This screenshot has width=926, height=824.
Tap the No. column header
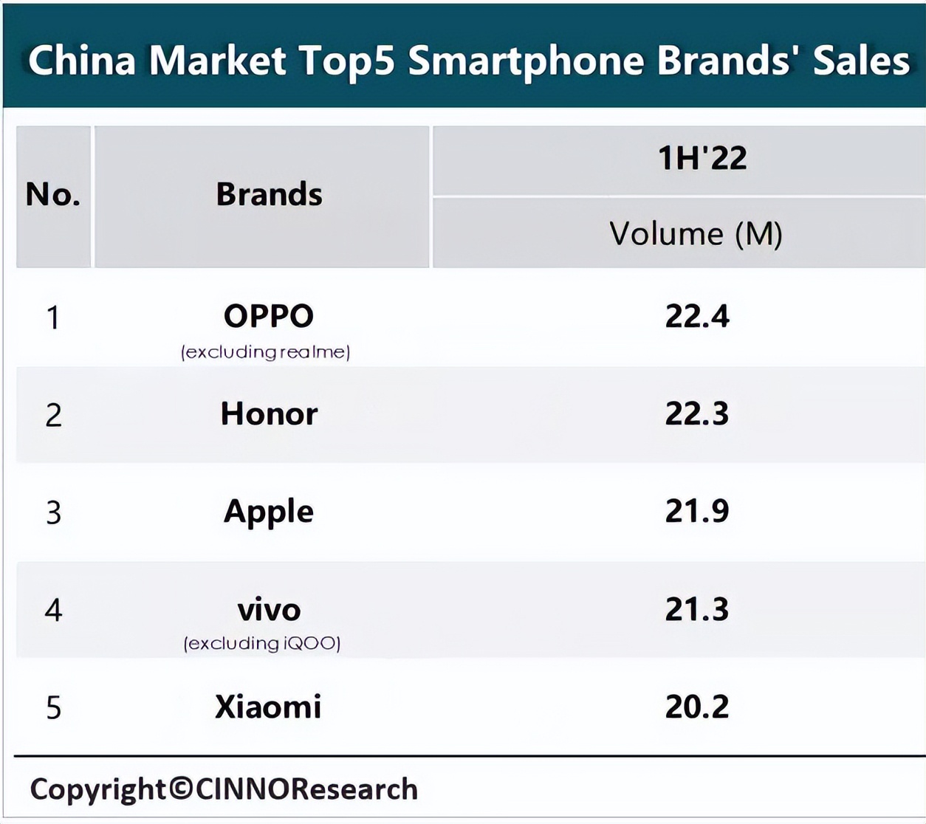52,195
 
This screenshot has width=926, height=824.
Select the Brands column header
269,195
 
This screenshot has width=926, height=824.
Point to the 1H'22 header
702,159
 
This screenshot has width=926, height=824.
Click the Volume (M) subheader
695,234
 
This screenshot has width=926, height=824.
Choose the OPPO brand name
269,316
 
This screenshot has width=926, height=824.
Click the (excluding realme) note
265,352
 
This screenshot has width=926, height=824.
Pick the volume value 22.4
696,317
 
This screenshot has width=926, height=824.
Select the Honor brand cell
269,414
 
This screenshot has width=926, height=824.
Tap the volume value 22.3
696,414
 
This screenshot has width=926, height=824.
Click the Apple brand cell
269,512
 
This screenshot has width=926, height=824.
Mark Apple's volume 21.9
696,511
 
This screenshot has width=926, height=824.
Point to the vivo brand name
269,610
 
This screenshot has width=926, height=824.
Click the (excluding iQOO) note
262,643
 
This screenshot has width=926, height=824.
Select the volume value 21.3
696,610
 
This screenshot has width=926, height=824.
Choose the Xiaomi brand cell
268,707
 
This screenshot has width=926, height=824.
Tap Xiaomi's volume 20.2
696,707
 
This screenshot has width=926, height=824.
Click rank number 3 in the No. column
53,512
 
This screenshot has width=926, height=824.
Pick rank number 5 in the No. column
53,708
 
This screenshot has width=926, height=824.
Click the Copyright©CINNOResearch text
224,789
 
